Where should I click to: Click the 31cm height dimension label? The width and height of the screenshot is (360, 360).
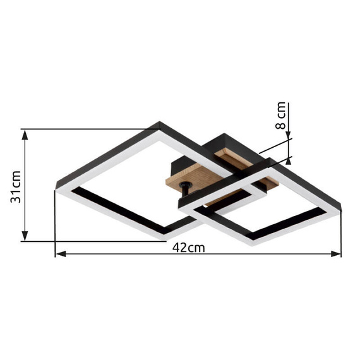(x=16, y=187)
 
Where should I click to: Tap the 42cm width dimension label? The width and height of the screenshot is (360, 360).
(x=188, y=248)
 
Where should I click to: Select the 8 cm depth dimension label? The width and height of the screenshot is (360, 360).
(x=280, y=116)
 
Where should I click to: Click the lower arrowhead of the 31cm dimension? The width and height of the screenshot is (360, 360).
(x=25, y=236)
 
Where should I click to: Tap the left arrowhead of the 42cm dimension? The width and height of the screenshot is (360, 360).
(x=61, y=254)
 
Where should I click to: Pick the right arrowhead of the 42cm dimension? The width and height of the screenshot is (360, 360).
(x=336, y=254)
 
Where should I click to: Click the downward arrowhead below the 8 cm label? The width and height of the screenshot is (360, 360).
(x=289, y=135)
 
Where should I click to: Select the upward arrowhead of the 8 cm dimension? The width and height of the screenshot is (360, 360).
(x=289, y=161)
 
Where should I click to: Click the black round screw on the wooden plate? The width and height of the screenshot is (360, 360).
(x=186, y=185)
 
